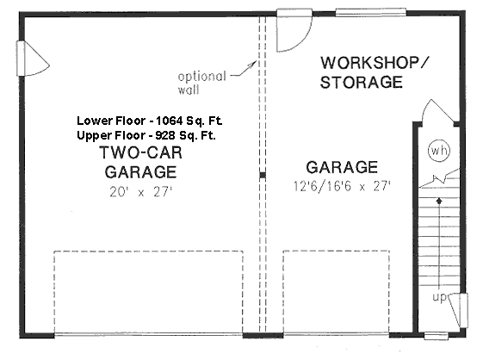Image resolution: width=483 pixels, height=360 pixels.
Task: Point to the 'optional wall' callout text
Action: (203, 81)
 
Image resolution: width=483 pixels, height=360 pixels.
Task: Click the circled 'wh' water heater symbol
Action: (439, 152)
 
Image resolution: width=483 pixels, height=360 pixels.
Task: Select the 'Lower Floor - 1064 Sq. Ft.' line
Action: (155, 120)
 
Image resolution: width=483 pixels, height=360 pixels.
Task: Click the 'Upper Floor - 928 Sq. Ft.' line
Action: (155, 135)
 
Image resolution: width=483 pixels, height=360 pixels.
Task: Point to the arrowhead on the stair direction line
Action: (439, 200)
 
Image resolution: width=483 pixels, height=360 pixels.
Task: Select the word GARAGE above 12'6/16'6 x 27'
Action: (341, 167)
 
